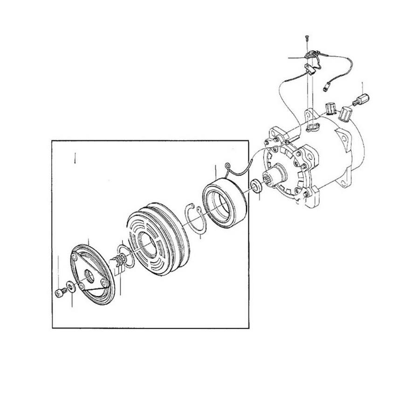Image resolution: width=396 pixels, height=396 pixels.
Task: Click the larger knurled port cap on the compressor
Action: tap(346, 113)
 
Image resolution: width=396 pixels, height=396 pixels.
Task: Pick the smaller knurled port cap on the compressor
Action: tap(329, 108)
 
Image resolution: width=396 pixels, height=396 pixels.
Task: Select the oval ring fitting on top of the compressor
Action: tap(312, 125)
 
